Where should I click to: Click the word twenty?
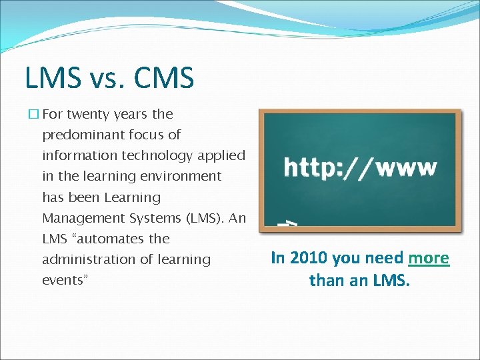coord(88,114)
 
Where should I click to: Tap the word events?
coord(62,280)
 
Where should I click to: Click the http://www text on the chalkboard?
coord(361,167)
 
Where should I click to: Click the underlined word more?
coord(429,258)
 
